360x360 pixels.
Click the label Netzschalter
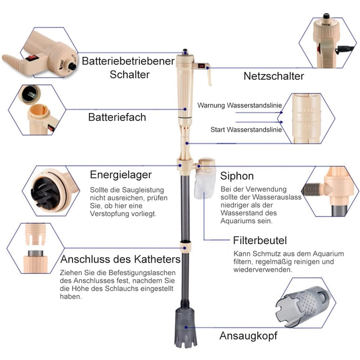274,76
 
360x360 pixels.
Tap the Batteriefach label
117,117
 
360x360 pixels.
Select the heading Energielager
121,175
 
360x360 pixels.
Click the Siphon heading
237,176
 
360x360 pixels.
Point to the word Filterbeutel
260,240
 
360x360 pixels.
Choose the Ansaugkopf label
249,336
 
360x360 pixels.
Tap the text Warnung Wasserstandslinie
240,105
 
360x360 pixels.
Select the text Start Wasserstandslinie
246,130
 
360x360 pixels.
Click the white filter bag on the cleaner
204,185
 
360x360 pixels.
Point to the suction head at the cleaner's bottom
186,327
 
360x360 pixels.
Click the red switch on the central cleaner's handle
202,66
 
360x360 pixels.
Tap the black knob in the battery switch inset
73,66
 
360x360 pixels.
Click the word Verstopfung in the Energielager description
110,214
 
